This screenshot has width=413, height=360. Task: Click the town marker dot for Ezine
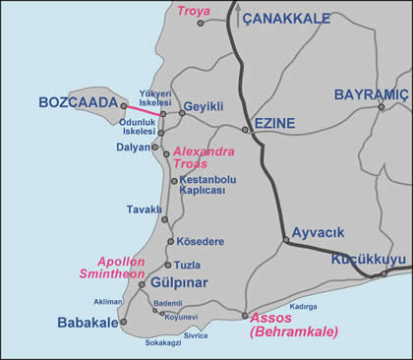tap(246, 129)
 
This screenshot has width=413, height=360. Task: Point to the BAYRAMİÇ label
tap(371, 94)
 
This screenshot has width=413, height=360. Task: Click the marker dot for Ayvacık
tap(285, 239)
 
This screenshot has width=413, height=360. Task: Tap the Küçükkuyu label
tap(369, 259)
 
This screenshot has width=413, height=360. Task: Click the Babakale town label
tap(87, 321)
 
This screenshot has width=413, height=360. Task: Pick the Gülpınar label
tap(178, 284)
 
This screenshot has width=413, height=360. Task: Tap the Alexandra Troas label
tap(203, 157)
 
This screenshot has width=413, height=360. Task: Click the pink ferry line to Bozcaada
tap(144, 110)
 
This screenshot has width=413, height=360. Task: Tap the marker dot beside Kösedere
tap(171, 241)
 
